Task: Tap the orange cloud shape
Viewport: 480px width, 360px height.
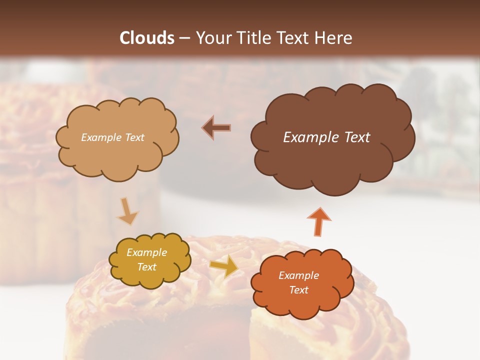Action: (x=300, y=305)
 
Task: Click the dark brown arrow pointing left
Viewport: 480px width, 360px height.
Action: (x=216, y=127)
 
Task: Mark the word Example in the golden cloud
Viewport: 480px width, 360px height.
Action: (x=146, y=252)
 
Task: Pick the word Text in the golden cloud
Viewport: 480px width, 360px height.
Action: (x=146, y=267)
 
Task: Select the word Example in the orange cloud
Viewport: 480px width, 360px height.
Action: (x=298, y=275)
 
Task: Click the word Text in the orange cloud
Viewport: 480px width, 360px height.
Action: (x=298, y=290)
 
